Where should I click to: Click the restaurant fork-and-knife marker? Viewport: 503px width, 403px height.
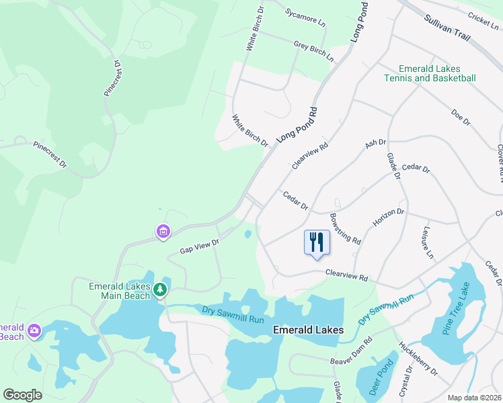317,242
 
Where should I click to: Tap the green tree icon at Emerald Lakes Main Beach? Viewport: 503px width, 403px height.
159,289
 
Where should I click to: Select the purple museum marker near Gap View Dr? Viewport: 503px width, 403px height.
163,232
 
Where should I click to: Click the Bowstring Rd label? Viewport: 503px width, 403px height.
346,229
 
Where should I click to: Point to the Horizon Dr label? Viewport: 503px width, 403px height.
389,217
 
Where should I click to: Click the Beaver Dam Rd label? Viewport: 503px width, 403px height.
351,360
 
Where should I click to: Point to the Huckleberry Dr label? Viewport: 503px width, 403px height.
418,359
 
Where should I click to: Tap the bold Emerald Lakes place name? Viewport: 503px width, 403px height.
308,330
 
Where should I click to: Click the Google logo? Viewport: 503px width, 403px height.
22,395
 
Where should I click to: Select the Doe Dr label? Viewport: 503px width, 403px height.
461,118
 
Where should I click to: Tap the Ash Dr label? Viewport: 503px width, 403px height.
375,144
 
